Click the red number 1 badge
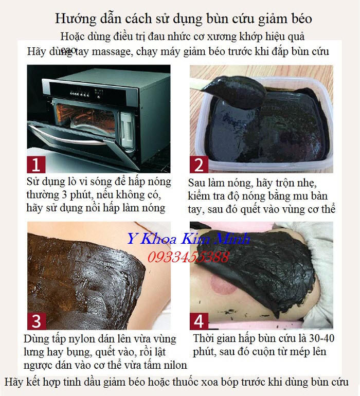tap(36, 165)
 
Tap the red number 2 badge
tap(199, 165)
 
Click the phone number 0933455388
tap(188, 257)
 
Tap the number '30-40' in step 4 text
tap(315, 339)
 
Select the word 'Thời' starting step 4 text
tap(205, 339)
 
